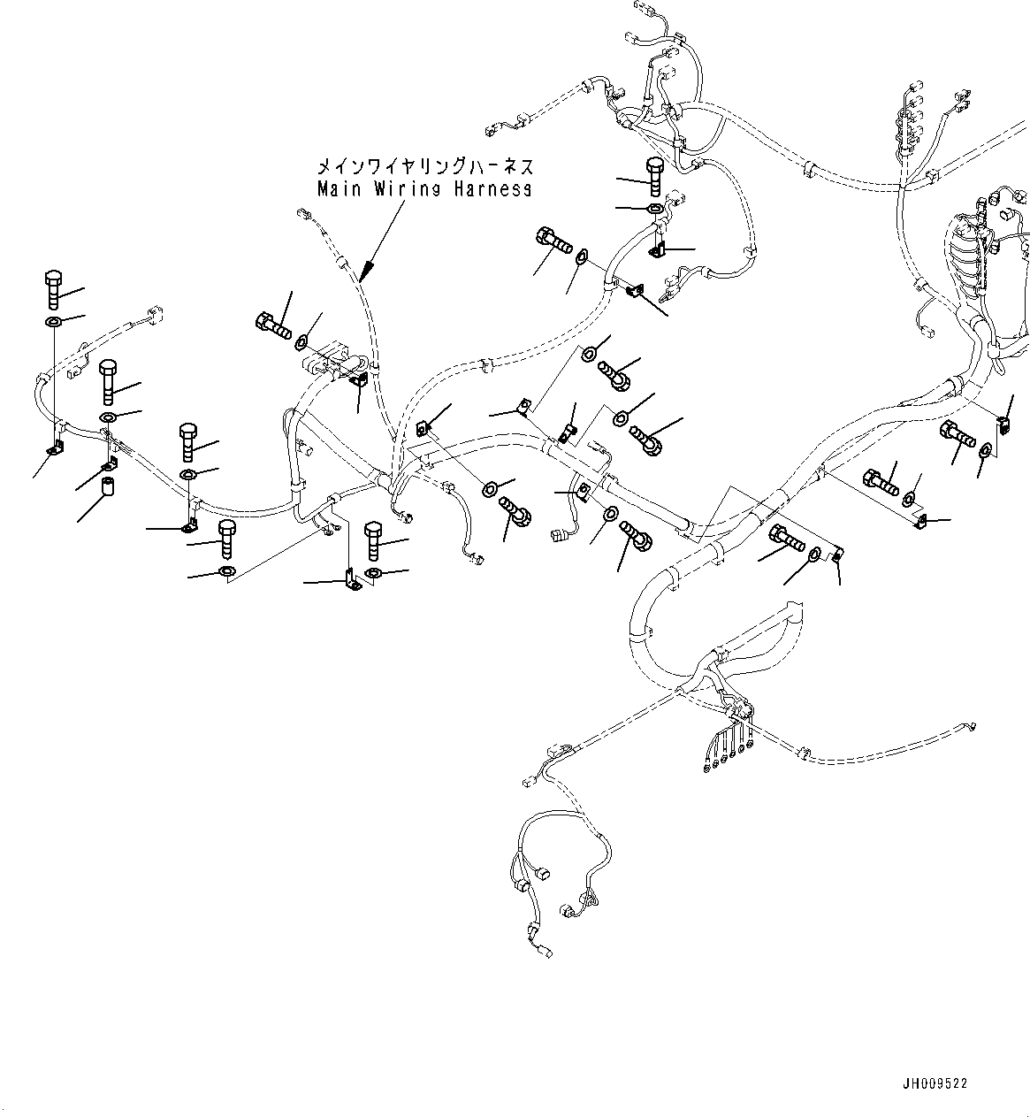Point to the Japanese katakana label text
[425, 166]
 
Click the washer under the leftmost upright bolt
[52, 321]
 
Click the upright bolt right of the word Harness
[654, 178]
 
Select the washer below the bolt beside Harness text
[653, 209]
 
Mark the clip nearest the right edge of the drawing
[1004, 424]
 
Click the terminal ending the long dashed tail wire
[971, 727]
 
